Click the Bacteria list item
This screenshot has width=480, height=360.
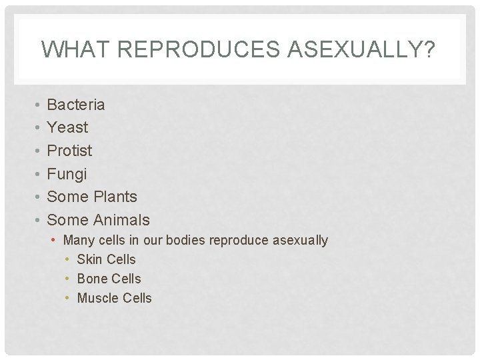[76, 105]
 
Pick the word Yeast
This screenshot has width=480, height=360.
[67, 127]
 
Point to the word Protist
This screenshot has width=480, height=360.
[69, 151]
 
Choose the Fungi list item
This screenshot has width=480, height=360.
[67, 174]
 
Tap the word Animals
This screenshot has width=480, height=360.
[121, 220]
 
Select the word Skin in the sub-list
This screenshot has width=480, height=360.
[89, 259]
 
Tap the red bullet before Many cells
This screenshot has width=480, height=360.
[56, 240]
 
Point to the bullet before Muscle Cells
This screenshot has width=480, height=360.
[69, 298]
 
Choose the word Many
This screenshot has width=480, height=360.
[79, 240]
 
